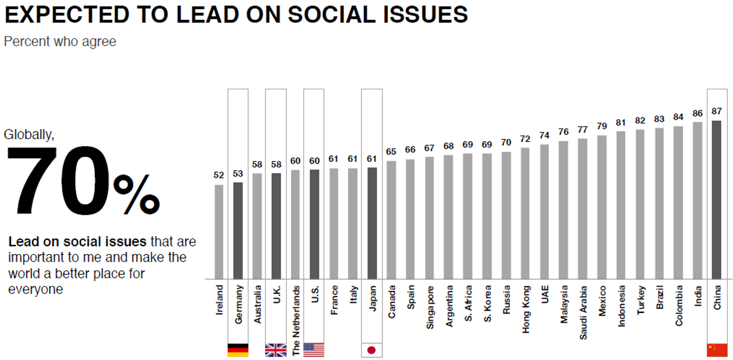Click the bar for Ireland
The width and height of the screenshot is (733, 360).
[x=219, y=232]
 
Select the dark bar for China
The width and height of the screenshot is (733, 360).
[x=716, y=199]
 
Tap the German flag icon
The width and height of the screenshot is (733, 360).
[x=238, y=350]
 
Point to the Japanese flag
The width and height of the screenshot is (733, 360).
[x=372, y=350]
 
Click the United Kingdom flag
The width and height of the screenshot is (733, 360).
[x=275, y=350]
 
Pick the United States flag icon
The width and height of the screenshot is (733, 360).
[x=314, y=350]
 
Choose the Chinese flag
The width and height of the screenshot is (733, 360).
[x=717, y=350]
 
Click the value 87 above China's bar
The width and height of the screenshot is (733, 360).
[x=716, y=111]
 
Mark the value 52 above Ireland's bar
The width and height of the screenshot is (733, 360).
[x=219, y=176]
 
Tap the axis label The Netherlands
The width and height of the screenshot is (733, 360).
[x=296, y=321]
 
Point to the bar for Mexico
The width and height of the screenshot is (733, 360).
[x=602, y=207]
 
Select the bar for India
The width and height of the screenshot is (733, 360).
[x=697, y=200]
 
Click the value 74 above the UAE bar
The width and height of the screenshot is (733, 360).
[x=544, y=135]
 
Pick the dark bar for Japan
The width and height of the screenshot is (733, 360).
[x=372, y=223]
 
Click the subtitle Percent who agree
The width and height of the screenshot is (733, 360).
[x=60, y=41]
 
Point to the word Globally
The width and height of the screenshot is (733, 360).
[x=29, y=135]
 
